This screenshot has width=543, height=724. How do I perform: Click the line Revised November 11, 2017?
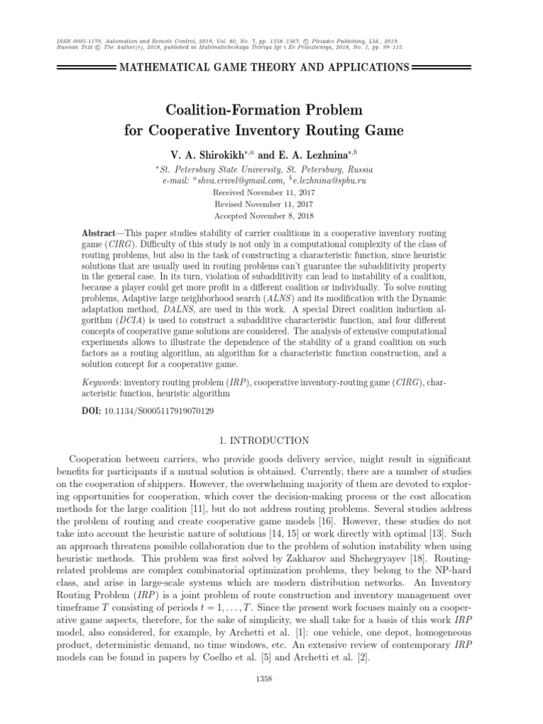pos(264,204)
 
